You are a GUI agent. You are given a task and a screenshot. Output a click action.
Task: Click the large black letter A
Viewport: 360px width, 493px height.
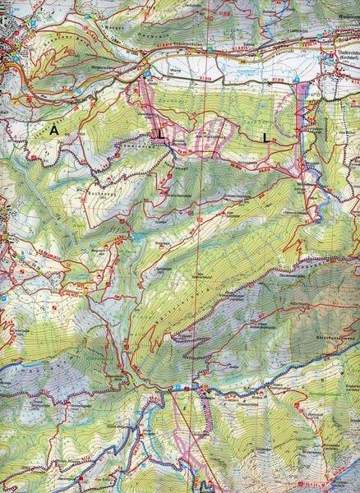[54, 130]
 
